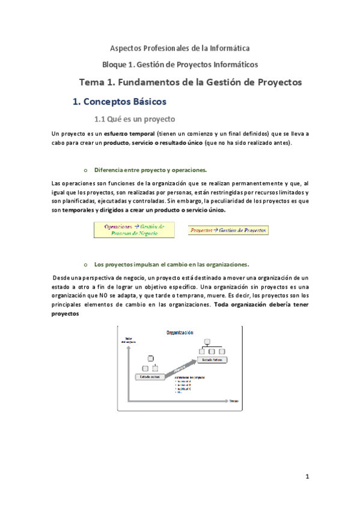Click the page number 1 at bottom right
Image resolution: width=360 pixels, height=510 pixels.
(x=307, y=477)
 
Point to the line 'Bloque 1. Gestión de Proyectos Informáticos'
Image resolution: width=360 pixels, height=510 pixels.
(x=180, y=64)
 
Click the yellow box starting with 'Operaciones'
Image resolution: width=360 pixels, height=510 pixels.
(x=134, y=229)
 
